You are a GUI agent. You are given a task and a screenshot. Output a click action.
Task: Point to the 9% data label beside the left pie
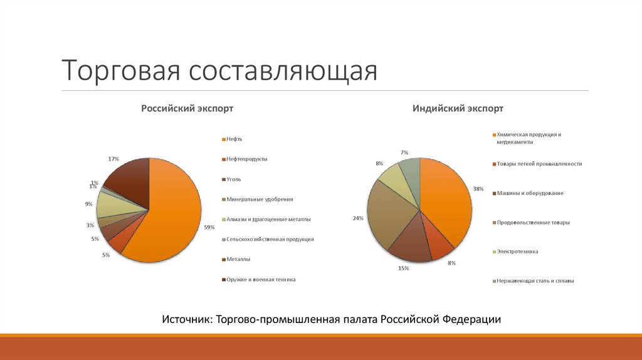pos(89,204)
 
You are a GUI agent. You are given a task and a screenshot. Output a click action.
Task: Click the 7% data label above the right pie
pos(404,152)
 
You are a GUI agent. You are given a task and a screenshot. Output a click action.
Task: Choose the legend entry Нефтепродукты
pos(247,159)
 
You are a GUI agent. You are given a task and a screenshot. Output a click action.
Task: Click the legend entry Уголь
pos(233,179)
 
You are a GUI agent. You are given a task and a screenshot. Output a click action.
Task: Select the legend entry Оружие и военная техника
pos(261,279)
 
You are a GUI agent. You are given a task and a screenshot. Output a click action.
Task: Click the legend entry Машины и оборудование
pos(530,193)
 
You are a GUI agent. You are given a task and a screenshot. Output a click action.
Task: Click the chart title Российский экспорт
pos(187,109)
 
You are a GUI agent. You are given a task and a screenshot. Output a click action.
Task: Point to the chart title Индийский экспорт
pos(458,109)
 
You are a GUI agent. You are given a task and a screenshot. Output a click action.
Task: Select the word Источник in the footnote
pos(186,319)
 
